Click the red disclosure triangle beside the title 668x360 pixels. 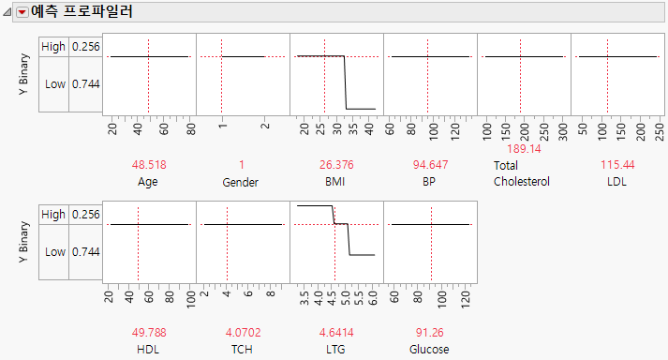click(x=22, y=13)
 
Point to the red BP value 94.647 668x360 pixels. click(x=429, y=164)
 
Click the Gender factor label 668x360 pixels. click(x=242, y=181)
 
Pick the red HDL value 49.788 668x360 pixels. click(x=148, y=332)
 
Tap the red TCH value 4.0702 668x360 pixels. click(x=242, y=332)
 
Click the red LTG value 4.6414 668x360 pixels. click(x=335, y=332)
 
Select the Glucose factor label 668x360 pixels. click(x=429, y=349)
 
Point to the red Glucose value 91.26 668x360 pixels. click(x=430, y=332)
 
